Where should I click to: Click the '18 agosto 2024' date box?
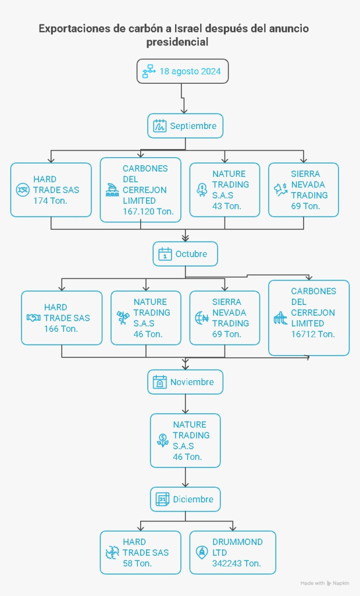click(x=182, y=71)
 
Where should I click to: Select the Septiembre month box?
click(x=185, y=126)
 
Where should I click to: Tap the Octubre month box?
click(x=185, y=254)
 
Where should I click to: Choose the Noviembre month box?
click(x=185, y=382)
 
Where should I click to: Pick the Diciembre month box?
click(x=185, y=499)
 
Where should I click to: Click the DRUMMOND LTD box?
click(x=233, y=552)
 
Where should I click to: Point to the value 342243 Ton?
click(x=236, y=563)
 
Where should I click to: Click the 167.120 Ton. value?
click(x=148, y=211)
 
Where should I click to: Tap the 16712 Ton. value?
click(x=313, y=334)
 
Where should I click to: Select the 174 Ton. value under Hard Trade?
click(x=50, y=200)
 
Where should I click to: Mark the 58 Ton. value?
click(x=137, y=563)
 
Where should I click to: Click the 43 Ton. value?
click(x=227, y=206)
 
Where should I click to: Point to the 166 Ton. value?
click(x=60, y=329)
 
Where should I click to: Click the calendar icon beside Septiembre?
click(x=160, y=126)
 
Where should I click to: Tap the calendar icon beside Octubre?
click(x=165, y=254)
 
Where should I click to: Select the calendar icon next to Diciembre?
click(x=162, y=499)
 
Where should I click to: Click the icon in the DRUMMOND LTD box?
click(x=202, y=552)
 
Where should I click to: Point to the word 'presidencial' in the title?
click(x=177, y=42)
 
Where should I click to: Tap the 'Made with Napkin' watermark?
click(x=325, y=583)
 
